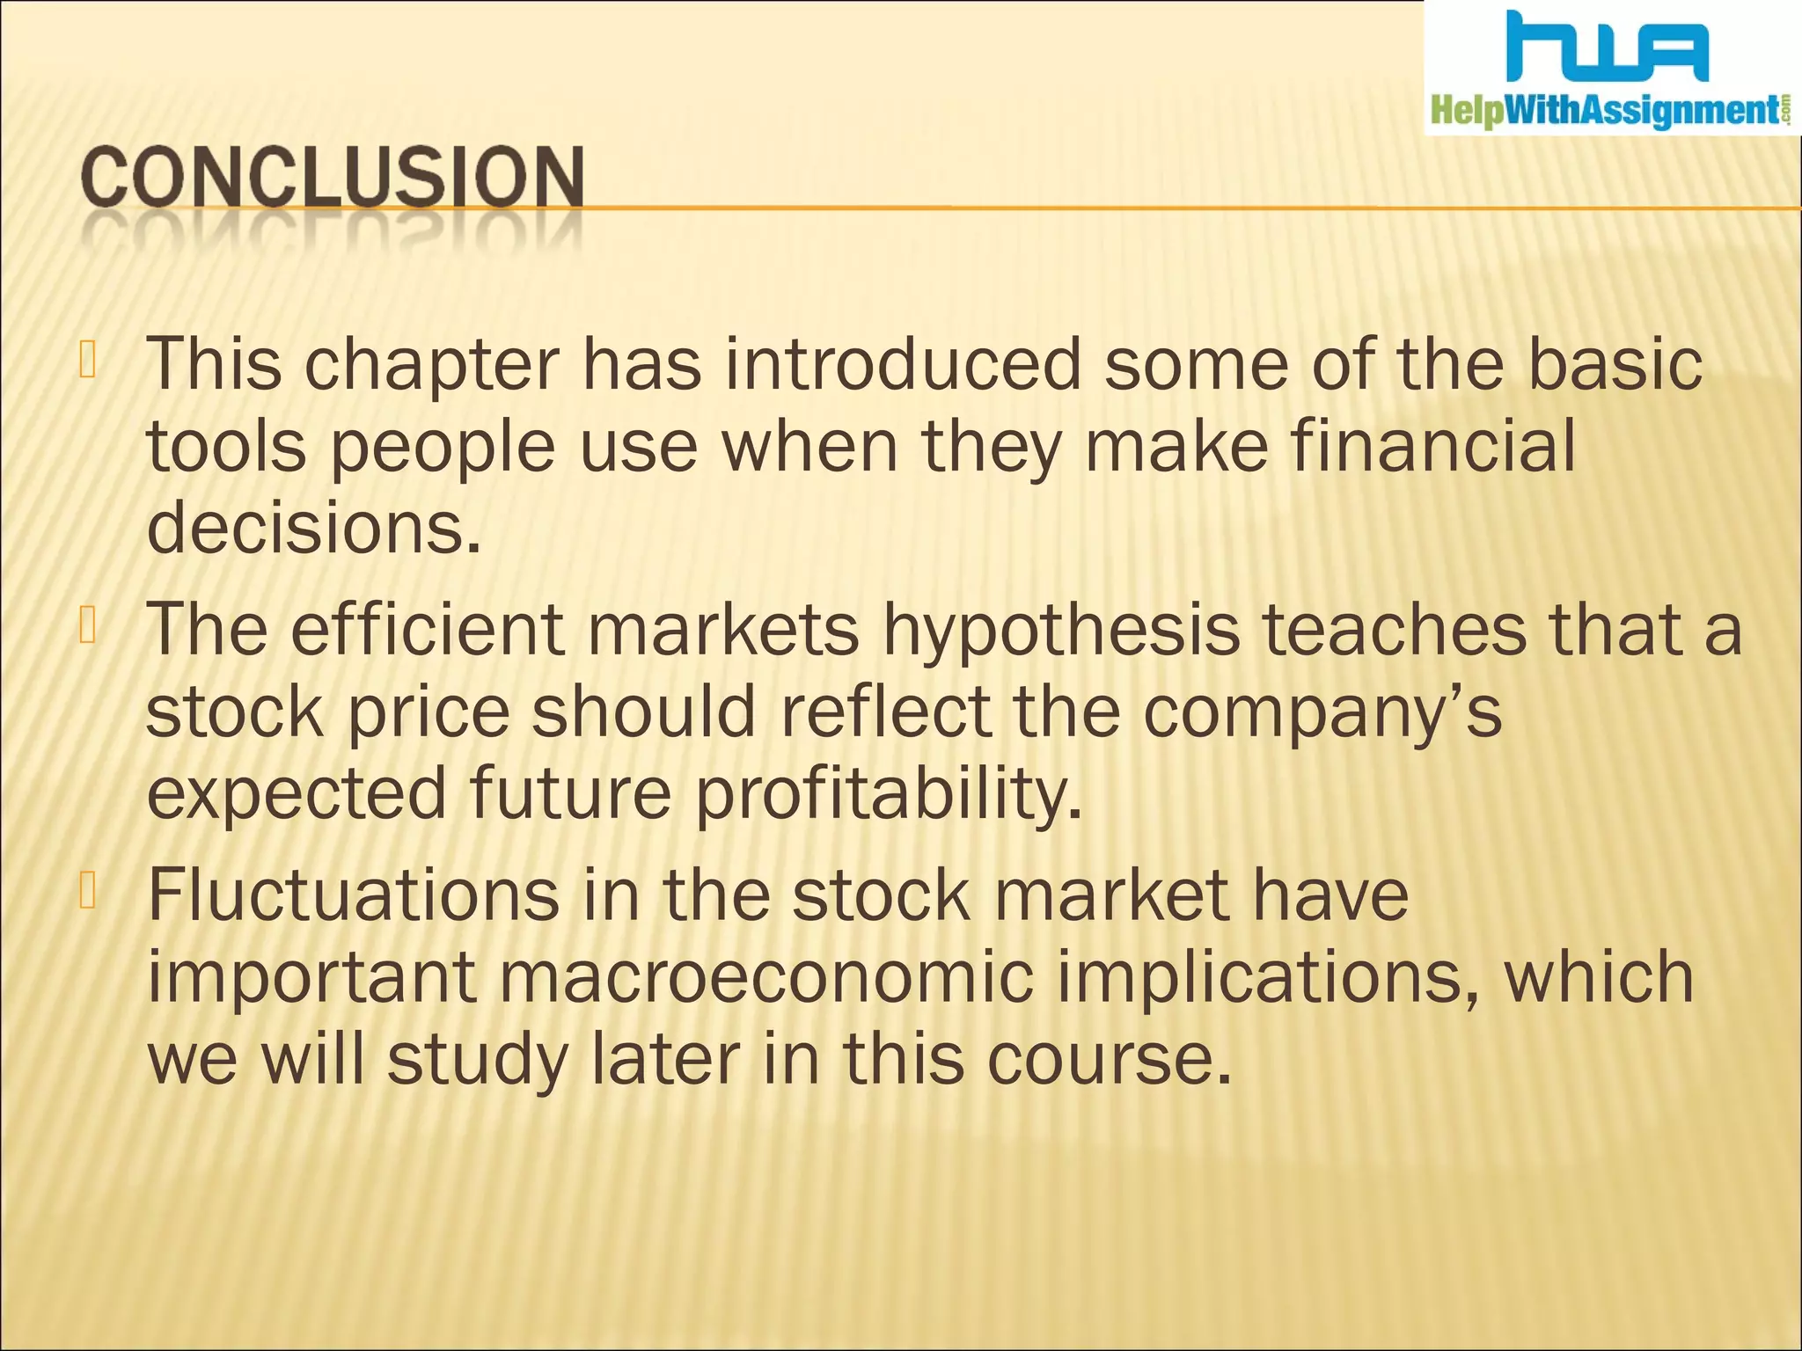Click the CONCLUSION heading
333,179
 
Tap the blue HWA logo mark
1607,48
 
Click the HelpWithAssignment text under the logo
1606,113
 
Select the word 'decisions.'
314,528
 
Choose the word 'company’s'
1322,712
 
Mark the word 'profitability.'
889,794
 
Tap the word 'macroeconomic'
765,977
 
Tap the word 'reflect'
886,712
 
